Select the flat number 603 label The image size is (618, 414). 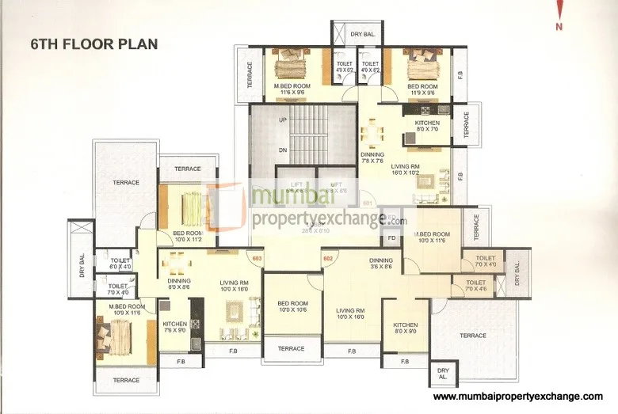(x=256, y=257)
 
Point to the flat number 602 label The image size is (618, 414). (x=327, y=257)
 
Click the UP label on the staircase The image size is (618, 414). (x=281, y=120)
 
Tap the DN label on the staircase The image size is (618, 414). (x=281, y=150)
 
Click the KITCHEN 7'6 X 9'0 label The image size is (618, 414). (x=174, y=327)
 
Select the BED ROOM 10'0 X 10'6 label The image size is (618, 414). (x=292, y=306)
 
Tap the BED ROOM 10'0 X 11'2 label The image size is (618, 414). (x=189, y=236)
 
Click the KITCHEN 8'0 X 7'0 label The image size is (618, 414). (x=427, y=127)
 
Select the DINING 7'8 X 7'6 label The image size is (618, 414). (x=372, y=158)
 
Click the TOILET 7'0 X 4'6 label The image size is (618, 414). (x=476, y=286)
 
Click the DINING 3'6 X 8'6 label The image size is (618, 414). (x=380, y=264)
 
